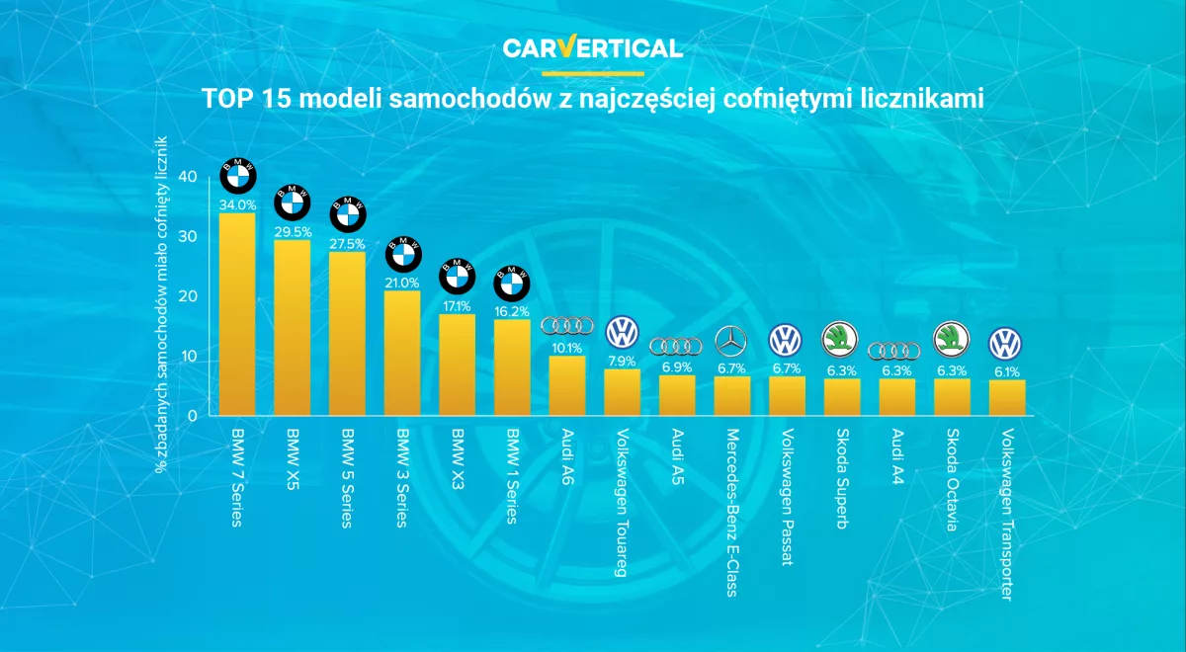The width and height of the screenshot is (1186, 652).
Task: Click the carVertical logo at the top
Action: pyautogui.click(x=592, y=47)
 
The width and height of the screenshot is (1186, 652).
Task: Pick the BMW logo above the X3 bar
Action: pyautogui.click(x=457, y=274)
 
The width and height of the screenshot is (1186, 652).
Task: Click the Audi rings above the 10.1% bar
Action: pyautogui.click(x=567, y=325)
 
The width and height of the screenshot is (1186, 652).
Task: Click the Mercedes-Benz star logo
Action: pyautogui.click(x=732, y=342)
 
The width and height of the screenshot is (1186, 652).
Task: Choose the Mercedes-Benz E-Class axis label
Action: pyautogui.click(x=732, y=512)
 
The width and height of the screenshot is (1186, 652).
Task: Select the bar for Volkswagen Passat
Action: pyautogui.click(x=788, y=396)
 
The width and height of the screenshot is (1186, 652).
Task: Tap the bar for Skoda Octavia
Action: pyautogui.click(x=953, y=397)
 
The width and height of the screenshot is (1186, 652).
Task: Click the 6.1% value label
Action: pyautogui.click(x=1007, y=372)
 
